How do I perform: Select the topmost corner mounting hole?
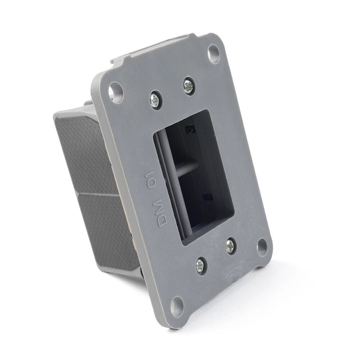213,54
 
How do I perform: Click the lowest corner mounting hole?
177,307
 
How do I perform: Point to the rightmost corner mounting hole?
262,247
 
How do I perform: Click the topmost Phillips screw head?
188,86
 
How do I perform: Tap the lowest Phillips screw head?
200,266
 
